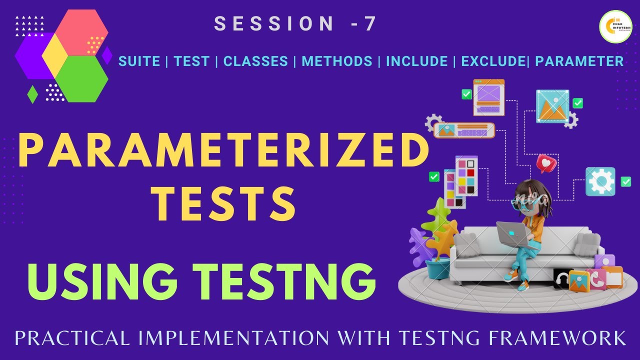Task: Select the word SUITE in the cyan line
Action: click(x=139, y=61)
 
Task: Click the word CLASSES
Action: click(x=255, y=61)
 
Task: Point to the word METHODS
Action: click(x=337, y=61)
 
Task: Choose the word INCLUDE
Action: click(x=416, y=61)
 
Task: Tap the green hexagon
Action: click(x=81, y=78)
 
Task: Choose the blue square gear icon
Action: click(x=600, y=181)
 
